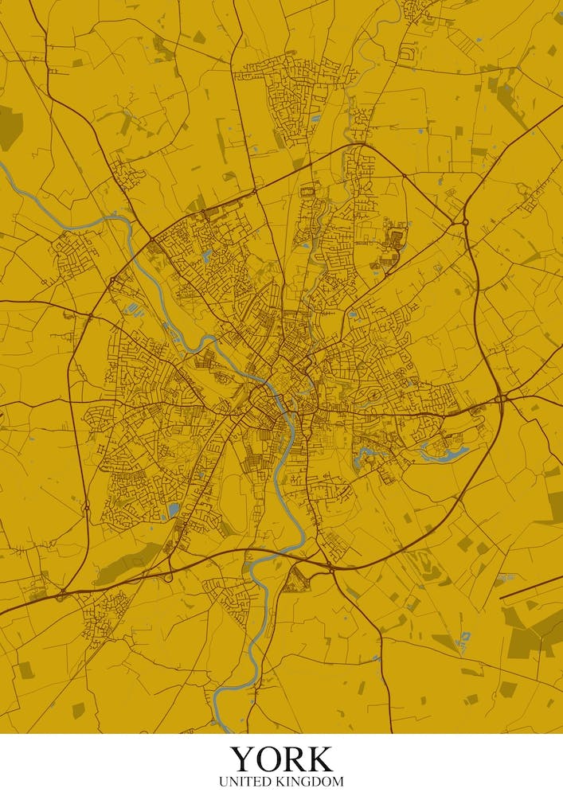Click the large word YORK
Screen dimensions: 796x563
click(x=281, y=759)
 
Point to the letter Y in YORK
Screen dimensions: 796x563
click(x=243, y=759)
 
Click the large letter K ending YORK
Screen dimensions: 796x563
click(x=319, y=759)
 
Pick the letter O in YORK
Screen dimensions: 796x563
click(x=268, y=759)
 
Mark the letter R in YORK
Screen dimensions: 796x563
click(x=294, y=759)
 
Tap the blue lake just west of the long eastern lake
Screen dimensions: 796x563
click(x=364, y=456)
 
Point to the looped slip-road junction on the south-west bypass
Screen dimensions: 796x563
click(x=169, y=575)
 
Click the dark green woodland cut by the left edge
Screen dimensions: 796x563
click(x=8, y=127)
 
